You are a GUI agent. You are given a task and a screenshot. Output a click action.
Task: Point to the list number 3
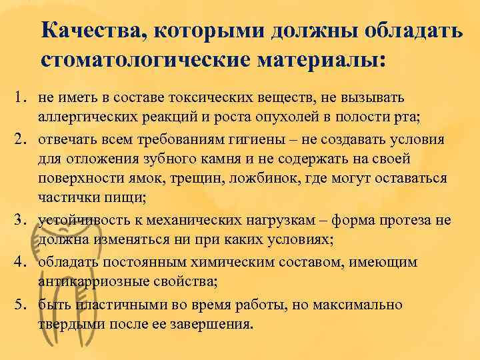[x=21, y=219]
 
